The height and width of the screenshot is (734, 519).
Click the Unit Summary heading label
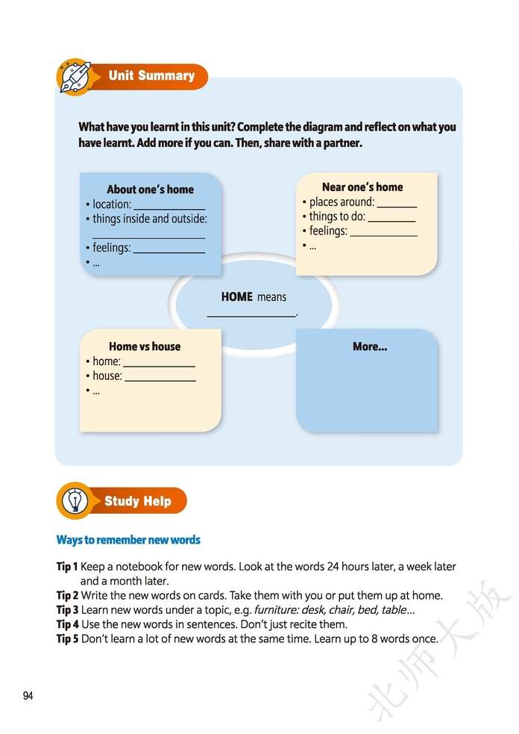[x=151, y=75]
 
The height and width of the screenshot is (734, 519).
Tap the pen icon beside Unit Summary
[x=74, y=76]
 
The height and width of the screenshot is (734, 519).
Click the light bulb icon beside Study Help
[x=74, y=501]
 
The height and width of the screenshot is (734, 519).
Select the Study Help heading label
[x=138, y=501]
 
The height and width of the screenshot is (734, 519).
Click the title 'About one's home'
[x=150, y=189]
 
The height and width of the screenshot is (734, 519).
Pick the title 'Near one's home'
[x=362, y=187]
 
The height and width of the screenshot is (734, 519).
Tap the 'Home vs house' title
[x=145, y=346]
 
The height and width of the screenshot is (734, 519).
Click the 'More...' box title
[x=370, y=346]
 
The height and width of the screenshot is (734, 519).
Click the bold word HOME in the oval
[x=237, y=296]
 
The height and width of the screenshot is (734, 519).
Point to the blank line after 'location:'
[x=169, y=208]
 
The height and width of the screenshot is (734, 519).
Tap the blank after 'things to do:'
[x=391, y=220]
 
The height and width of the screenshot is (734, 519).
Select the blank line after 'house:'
[x=160, y=380]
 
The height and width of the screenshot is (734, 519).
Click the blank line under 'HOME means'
[x=251, y=316]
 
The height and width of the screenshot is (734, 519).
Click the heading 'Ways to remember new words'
[x=128, y=540]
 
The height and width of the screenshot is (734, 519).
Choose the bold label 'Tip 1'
[x=67, y=567]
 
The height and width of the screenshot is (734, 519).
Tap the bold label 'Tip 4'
[x=67, y=623]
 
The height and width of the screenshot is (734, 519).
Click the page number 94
[x=28, y=696]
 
